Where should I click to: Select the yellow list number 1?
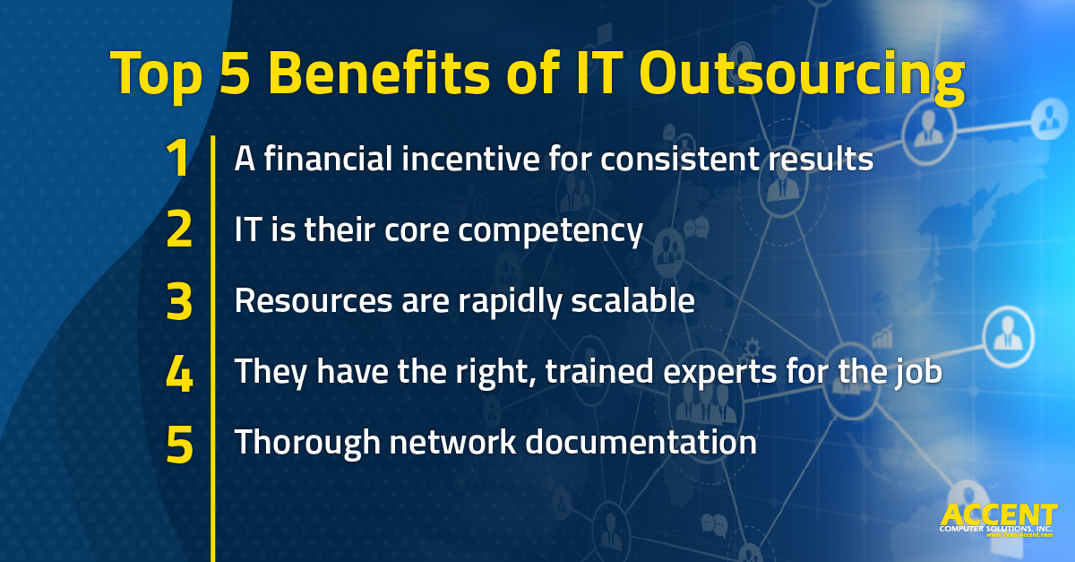point(178,160)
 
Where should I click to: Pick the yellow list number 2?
point(179,231)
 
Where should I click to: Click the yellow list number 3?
point(179,302)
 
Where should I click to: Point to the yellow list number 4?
point(179,373)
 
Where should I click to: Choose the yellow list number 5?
point(179,444)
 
